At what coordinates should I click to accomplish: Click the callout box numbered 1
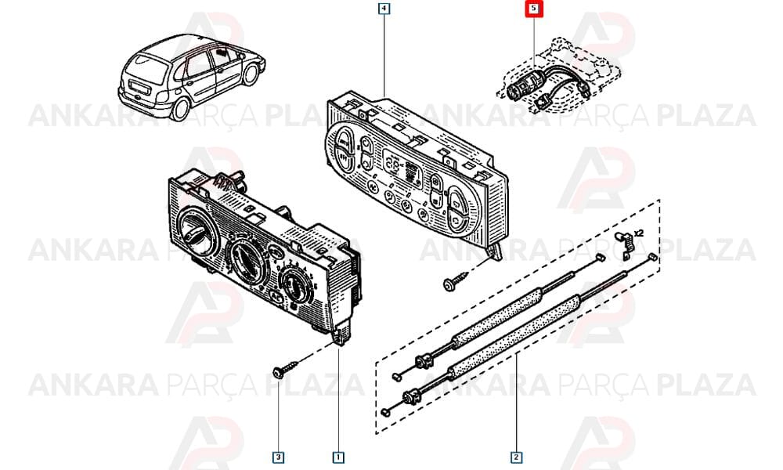[x=338, y=457]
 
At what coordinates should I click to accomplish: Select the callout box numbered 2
[x=516, y=457]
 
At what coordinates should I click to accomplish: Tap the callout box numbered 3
[x=279, y=457]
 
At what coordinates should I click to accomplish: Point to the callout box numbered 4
[x=384, y=9]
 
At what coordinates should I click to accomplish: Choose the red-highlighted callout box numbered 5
[x=534, y=9]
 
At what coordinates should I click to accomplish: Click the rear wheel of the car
[x=181, y=109]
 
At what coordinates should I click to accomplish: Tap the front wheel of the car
[x=251, y=74]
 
